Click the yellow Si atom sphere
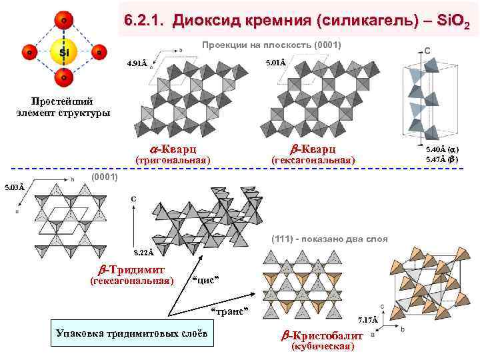click(x=63, y=51)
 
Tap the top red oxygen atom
click(x=63, y=21)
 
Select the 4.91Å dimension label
click(x=137, y=65)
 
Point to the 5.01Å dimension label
click(x=275, y=63)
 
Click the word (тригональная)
click(x=173, y=161)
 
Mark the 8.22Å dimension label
click(x=143, y=253)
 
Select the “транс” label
click(x=229, y=311)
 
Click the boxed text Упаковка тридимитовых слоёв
click(x=131, y=333)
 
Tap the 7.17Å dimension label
click(x=367, y=320)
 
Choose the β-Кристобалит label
click(x=323, y=336)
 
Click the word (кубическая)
click(x=323, y=348)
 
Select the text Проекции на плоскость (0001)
click(x=271, y=45)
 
